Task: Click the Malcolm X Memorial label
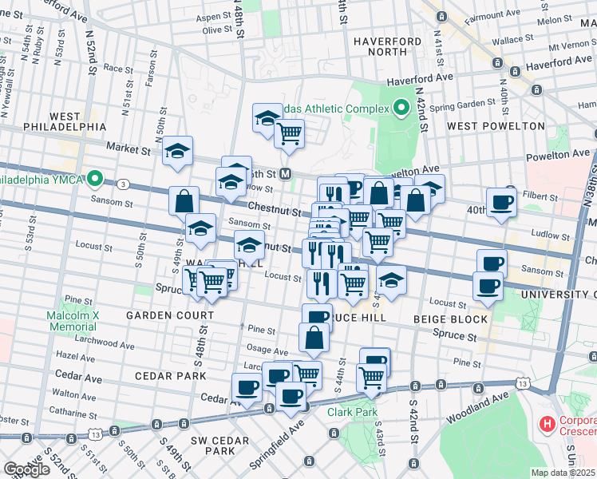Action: (71, 321)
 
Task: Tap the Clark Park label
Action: (345, 413)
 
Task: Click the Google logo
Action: (27, 469)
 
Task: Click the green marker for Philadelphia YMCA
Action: (95, 178)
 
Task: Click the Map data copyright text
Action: (563, 473)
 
